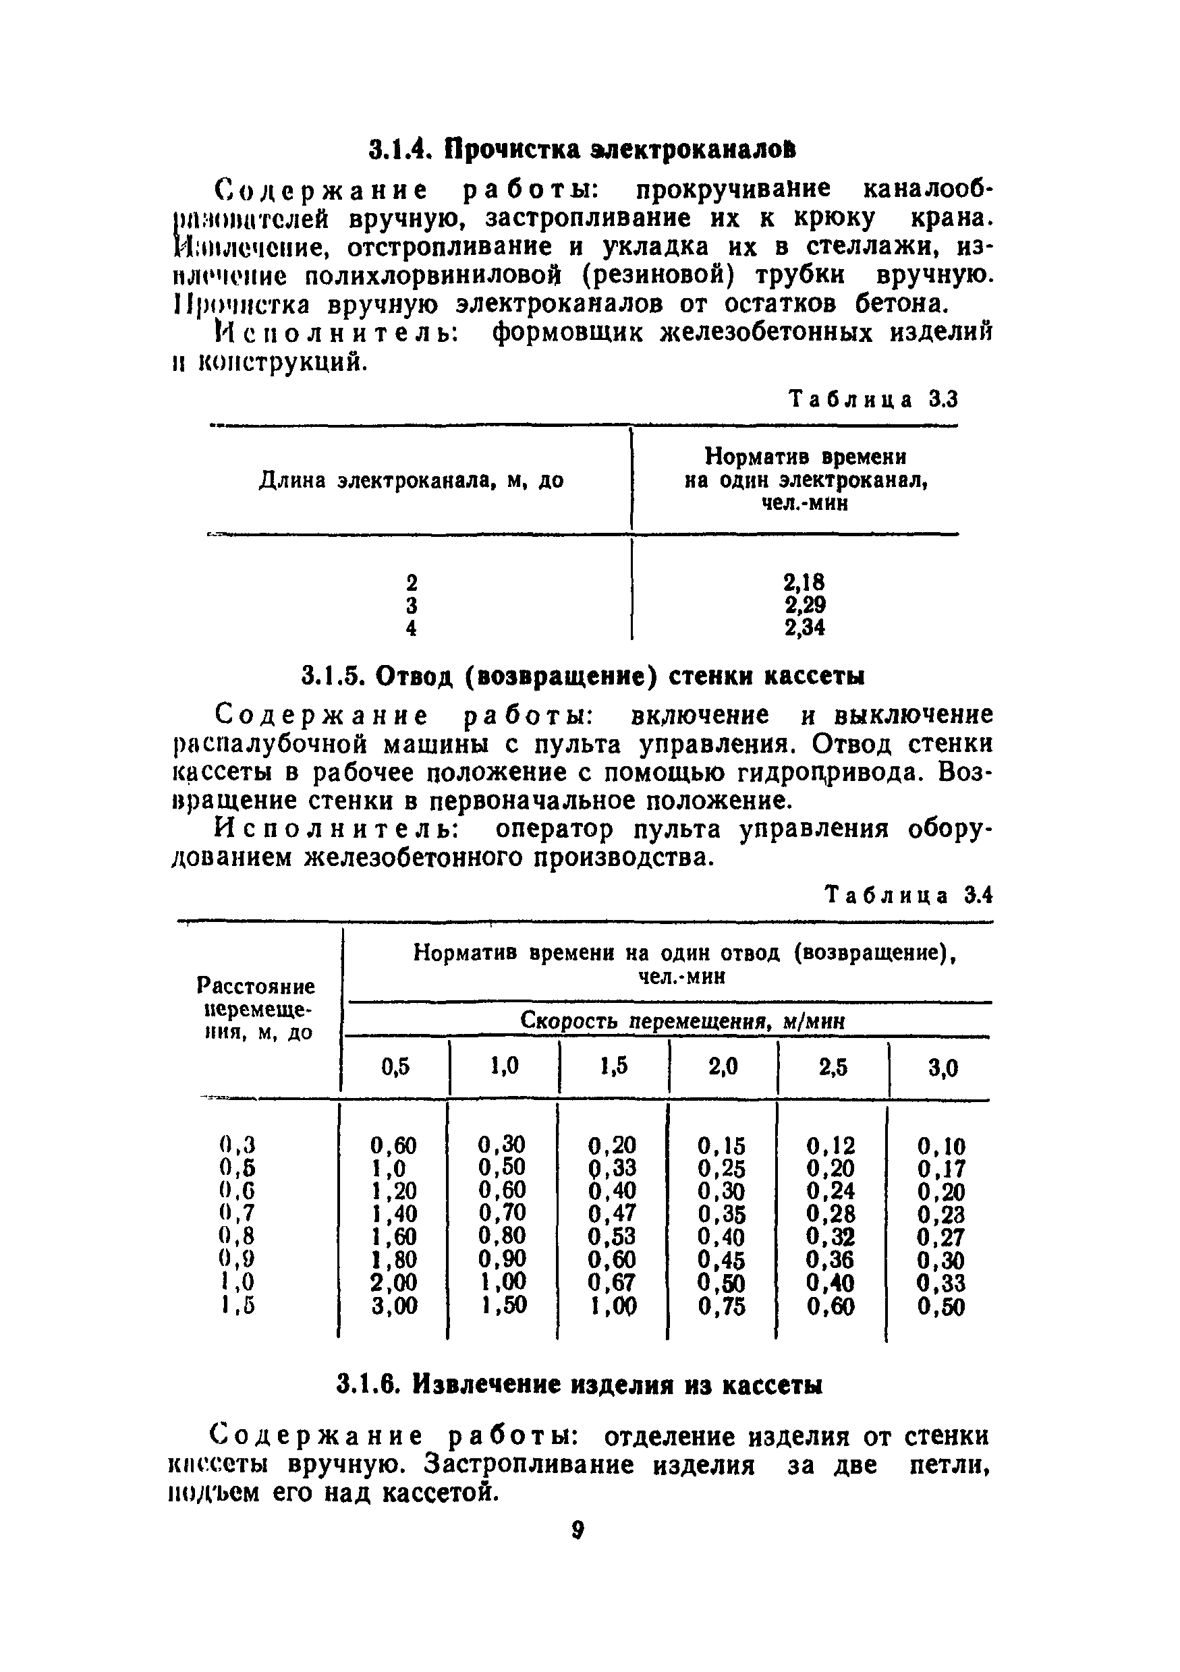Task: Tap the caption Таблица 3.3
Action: [873, 400]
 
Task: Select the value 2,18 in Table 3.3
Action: [804, 582]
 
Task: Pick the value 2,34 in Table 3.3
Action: [804, 627]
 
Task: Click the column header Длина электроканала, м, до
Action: [411, 481]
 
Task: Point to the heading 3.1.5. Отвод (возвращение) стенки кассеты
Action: [583, 676]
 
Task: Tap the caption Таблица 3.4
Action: [908, 895]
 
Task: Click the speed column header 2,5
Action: [833, 1068]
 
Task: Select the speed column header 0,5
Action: [395, 1067]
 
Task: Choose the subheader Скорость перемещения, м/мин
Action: [683, 1022]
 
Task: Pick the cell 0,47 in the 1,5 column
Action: [611, 1213]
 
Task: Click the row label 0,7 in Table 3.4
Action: [236, 1213]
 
